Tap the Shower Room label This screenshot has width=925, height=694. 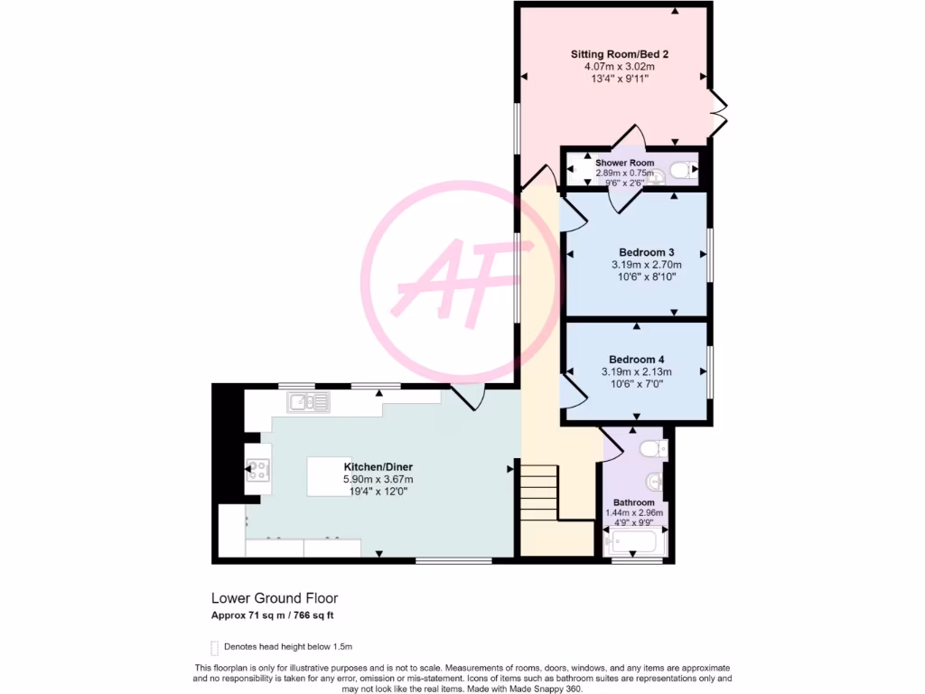(624, 163)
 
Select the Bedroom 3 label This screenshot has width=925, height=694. (646, 252)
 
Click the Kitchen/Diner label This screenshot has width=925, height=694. (378, 466)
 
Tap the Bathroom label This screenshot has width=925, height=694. (633, 502)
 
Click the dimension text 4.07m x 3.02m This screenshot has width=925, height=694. (618, 67)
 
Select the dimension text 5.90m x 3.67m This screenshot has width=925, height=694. (378, 479)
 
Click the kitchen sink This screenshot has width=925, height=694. (309, 401)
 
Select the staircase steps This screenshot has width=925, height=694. (538, 492)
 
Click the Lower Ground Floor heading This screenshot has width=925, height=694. (275, 598)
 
